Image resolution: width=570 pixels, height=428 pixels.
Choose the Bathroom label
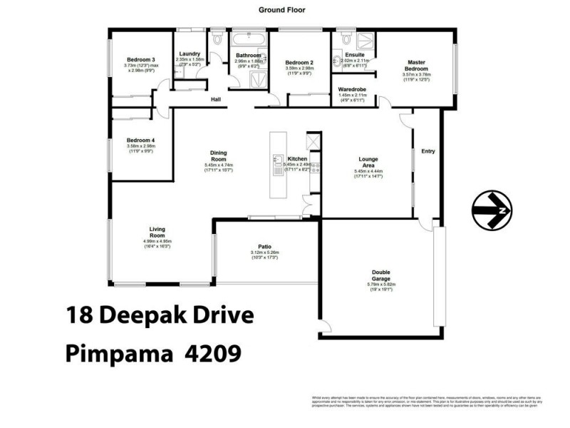click(x=249, y=55)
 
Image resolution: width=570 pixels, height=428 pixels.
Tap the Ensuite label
click(x=354, y=54)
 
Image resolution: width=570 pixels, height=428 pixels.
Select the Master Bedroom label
click(x=416, y=66)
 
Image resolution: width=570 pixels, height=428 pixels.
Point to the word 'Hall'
click(x=214, y=100)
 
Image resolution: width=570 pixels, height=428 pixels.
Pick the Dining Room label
click(x=218, y=155)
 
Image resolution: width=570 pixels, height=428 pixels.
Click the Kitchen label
click(x=297, y=158)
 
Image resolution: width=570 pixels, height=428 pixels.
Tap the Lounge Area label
click(x=368, y=162)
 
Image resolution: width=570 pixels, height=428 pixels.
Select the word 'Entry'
click(x=427, y=151)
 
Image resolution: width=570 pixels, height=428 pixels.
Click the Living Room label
click(x=157, y=232)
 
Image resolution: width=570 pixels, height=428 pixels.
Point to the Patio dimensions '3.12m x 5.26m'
click(x=264, y=253)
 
